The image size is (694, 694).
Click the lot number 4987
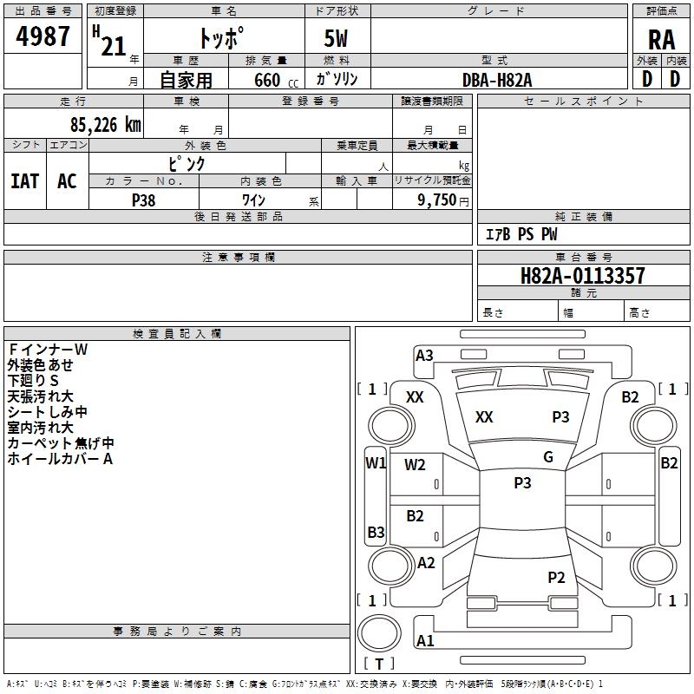[43, 37]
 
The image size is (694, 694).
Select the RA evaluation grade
[661, 40]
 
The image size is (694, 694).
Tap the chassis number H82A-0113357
[582, 276]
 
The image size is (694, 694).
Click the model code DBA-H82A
[497, 80]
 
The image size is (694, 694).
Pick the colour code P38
[144, 200]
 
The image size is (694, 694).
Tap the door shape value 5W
[337, 40]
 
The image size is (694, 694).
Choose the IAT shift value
[24, 180]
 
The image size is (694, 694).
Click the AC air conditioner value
[67, 180]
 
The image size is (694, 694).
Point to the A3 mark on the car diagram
[424, 355]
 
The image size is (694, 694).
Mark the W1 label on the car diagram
[375, 462]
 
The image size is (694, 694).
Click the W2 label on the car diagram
[415, 465]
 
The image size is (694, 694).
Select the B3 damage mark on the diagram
[376, 532]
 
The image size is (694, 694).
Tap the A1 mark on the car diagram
[425, 641]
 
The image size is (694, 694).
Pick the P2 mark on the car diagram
[556, 578]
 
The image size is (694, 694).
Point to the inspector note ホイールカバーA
[60, 459]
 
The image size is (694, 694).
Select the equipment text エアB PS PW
[520, 234]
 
